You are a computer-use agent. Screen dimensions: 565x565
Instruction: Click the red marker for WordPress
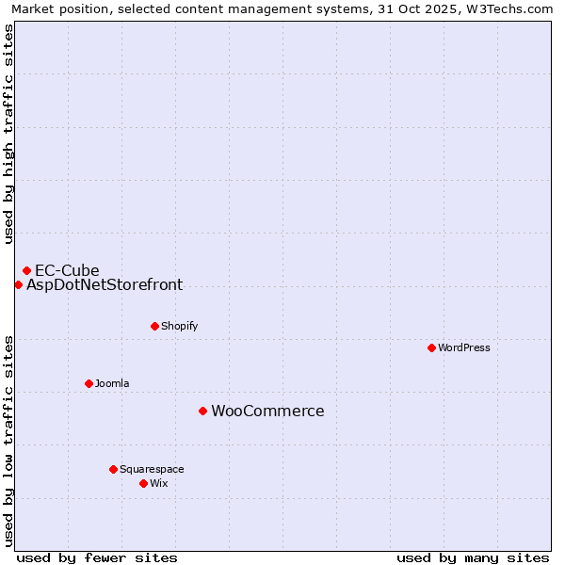[x=431, y=347]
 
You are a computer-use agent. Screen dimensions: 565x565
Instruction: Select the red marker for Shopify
[x=154, y=326]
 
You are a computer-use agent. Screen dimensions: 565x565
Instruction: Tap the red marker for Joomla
[x=89, y=383]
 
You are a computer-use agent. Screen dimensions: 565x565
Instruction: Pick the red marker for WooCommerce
[x=202, y=411]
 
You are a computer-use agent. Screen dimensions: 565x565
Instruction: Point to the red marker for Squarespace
[x=113, y=469]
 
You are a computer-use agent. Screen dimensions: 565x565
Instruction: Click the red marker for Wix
[x=143, y=483]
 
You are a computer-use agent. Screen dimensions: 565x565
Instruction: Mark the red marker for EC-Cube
[x=26, y=270]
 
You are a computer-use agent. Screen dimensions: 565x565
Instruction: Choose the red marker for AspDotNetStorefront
[x=18, y=284]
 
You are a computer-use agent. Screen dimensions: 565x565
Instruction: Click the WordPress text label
[x=464, y=347]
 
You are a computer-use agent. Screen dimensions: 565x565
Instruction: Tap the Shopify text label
[x=179, y=326]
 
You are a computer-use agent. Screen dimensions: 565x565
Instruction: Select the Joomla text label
[x=112, y=383]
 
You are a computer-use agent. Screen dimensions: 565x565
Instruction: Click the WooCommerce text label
[x=267, y=411]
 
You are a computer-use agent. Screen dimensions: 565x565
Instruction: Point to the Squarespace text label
[x=152, y=469]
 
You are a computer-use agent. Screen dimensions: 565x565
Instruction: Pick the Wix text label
[x=158, y=483]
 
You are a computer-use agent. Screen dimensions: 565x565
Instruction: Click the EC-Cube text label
[x=67, y=270]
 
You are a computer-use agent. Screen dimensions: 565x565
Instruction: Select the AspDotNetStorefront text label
[x=105, y=284]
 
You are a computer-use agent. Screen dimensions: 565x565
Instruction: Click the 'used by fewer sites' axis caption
[x=97, y=557]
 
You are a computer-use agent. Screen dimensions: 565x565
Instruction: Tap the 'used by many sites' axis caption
[x=473, y=557]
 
